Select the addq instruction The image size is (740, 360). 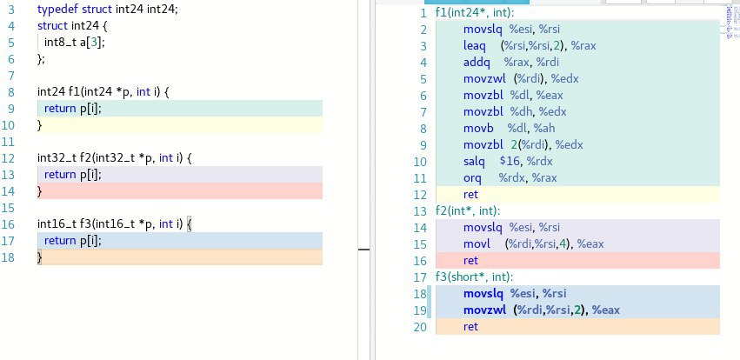click(x=477, y=63)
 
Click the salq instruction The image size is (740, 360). click(x=474, y=162)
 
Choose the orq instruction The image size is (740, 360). click(x=472, y=178)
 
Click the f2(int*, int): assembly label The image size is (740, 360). click(x=468, y=211)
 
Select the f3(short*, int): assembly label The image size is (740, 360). click(x=474, y=277)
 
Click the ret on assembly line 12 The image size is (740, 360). click(x=470, y=195)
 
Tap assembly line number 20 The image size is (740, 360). click(x=420, y=326)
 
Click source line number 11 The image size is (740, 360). click(x=9, y=142)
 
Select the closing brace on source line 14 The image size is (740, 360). click(x=40, y=191)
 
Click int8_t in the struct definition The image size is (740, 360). click(x=60, y=43)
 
